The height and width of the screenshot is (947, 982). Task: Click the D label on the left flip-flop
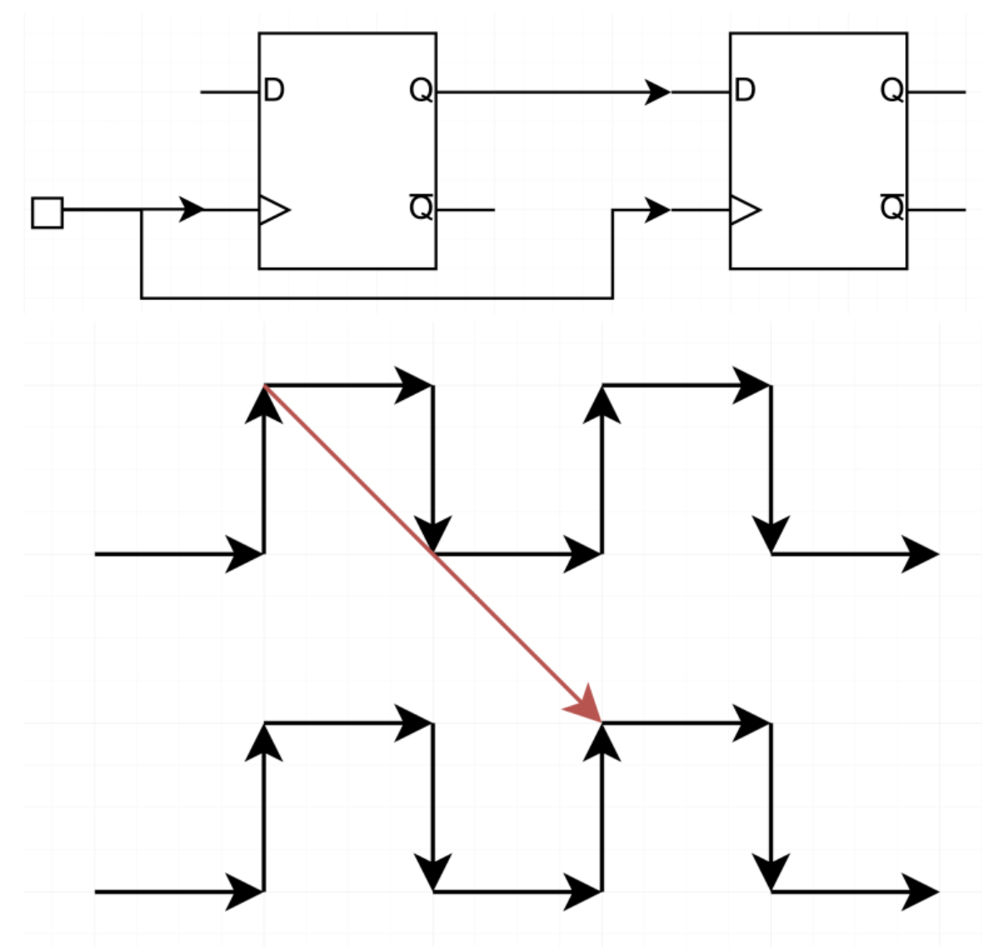click(x=274, y=90)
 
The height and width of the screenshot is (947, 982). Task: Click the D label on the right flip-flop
click(x=745, y=90)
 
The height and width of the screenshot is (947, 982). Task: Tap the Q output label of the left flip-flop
click(x=420, y=90)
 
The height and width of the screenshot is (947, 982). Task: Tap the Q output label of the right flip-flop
click(x=891, y=90)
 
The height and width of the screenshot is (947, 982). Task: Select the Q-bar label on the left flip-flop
click(x=420, y=206)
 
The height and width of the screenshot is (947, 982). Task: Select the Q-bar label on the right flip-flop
click(x=891, y=206)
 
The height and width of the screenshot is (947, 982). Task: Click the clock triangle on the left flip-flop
click(x=273, y=210)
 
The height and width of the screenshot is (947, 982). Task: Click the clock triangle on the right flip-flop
click(x=744, y=210)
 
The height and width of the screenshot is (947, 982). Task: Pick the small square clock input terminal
click(x=47, y=212)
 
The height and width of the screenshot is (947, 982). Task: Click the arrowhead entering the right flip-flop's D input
click(x=658, y=90)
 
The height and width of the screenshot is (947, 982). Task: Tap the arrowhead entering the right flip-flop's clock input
click(x=658, y=210)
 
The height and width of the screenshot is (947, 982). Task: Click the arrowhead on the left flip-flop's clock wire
click(x=193, y=209)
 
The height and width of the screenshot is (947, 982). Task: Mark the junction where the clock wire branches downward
click(x=141, y=210)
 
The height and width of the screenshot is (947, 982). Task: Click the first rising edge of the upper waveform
click(x=265, y=469)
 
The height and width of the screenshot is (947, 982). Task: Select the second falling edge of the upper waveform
click(x=771, y=469)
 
